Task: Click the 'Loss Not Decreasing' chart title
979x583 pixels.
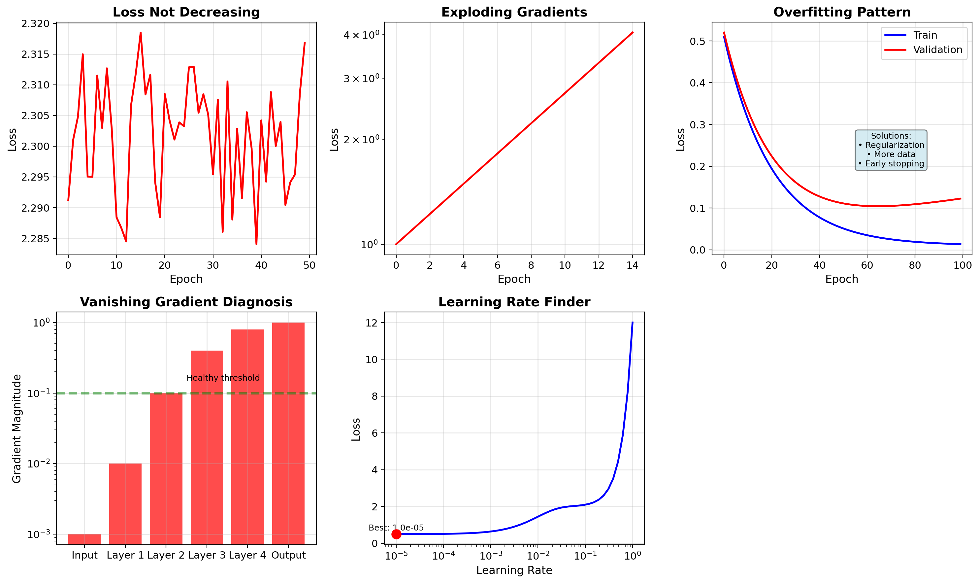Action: [x=186, y=12]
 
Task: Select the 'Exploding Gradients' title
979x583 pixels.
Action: [x=514, y=12]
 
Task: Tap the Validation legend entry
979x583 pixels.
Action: [x=937, y=50]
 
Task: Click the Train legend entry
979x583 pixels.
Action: [x=925, y=35]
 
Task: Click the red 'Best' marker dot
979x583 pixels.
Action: [x=396, y=534]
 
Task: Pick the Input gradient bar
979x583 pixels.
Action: [x=84, y=539]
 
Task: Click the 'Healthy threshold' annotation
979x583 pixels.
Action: [x=223, y=378]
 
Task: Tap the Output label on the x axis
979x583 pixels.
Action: [x=288, y=555]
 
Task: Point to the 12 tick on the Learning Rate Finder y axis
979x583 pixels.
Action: [x=371, y=323]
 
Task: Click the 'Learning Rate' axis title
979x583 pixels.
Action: [x=514, y=570]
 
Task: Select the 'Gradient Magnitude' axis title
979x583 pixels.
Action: [x=16, y=428]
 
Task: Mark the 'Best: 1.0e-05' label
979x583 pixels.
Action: [x=396, y=528]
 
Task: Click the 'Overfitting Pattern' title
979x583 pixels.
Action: [x=842, y=12]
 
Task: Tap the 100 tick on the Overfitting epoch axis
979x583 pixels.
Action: [x=963, y=265]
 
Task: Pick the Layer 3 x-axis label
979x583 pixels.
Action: [x=207, y=555]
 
